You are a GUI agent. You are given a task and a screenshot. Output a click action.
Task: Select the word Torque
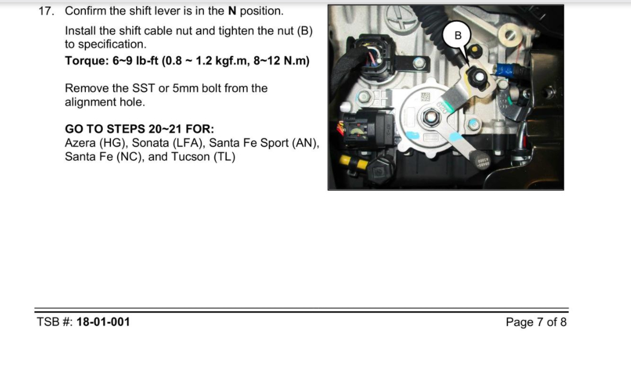84,61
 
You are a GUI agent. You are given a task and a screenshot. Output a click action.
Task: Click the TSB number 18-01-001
103,322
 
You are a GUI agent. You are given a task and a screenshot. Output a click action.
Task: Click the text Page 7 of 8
536,322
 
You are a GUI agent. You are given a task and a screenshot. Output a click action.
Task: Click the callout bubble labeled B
458,35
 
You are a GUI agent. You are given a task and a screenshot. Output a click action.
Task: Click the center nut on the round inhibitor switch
428,116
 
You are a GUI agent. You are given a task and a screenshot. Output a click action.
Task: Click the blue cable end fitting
504,70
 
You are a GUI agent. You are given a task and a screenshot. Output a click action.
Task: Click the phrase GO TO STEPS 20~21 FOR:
139,129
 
